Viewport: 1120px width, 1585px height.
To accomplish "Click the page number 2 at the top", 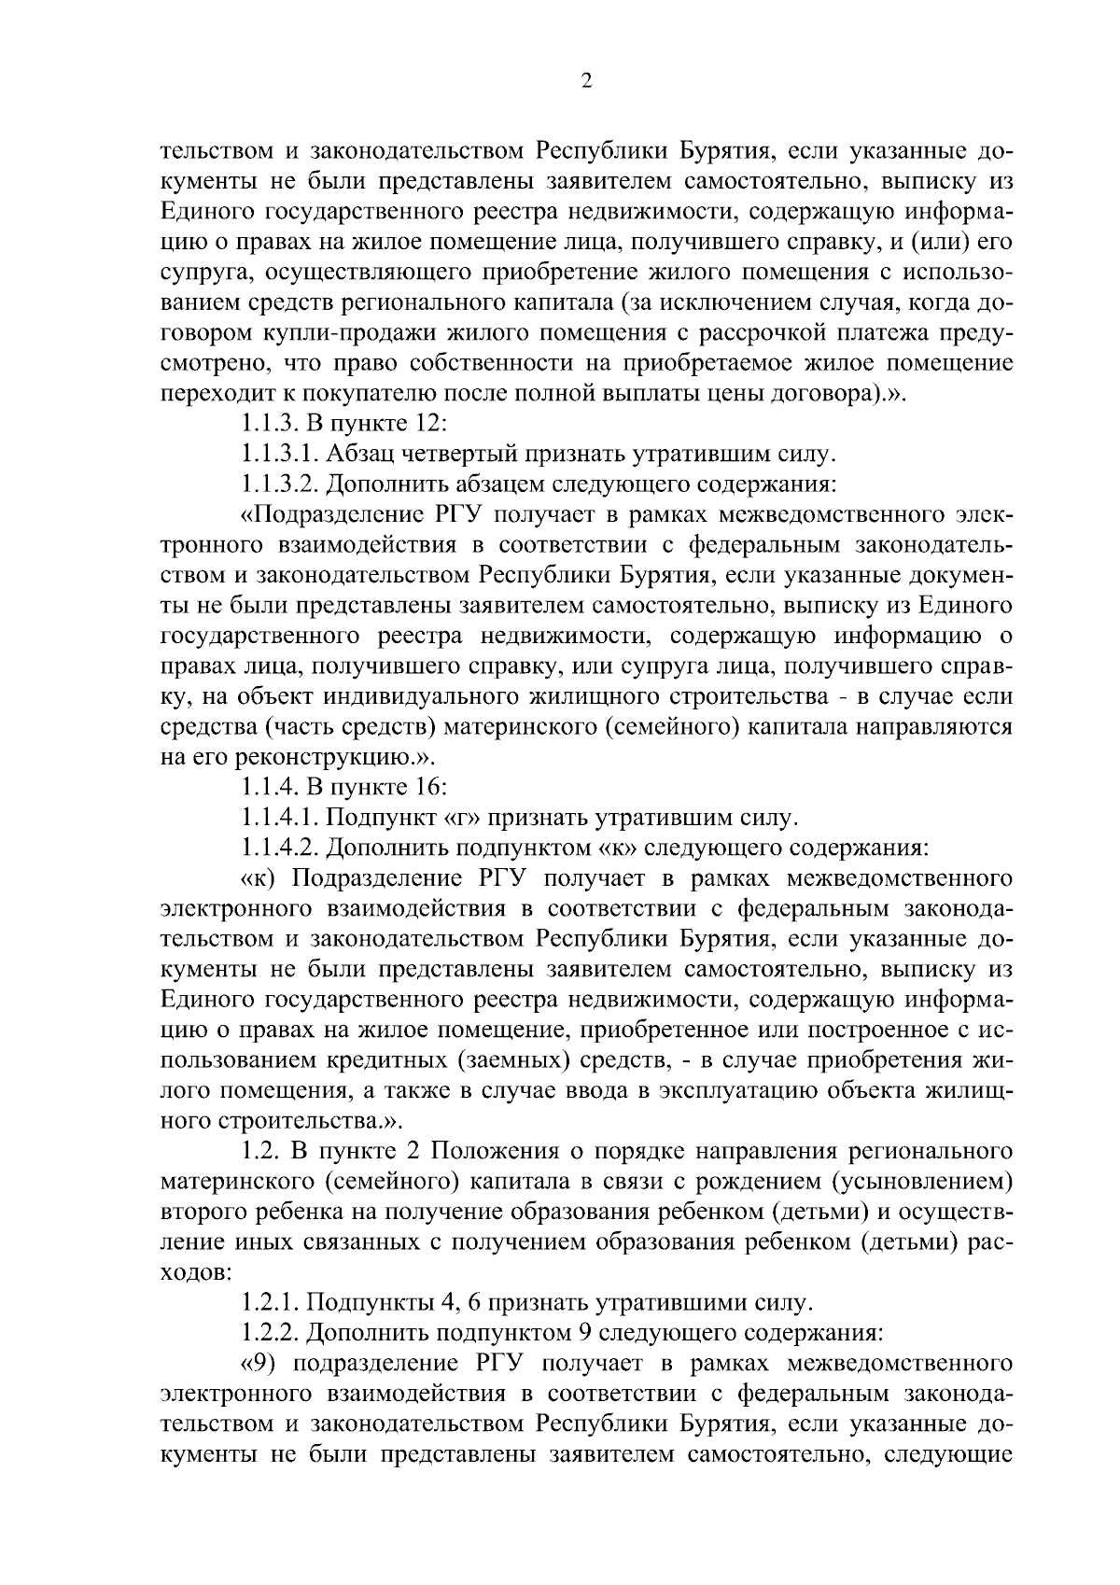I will tap(586, 81).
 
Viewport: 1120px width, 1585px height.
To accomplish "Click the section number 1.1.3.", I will tap(270, 424).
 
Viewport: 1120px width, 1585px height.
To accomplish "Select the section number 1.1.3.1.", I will tap(281, 455).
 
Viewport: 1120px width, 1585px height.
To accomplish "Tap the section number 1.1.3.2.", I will tap(281, 484).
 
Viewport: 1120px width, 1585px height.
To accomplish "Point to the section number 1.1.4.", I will tap(270, 789).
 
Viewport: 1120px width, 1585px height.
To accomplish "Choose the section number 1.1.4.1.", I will tap(281, 819).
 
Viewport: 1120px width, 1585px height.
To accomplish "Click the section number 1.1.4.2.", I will tap(281, 849).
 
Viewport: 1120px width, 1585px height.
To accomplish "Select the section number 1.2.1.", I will tap(270, 1300).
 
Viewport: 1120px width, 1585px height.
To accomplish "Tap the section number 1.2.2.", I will tap(270, 1330).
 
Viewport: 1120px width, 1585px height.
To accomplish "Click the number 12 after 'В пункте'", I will tap(432, 424).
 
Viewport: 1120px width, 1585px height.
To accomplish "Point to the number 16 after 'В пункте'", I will tap(432, 789).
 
